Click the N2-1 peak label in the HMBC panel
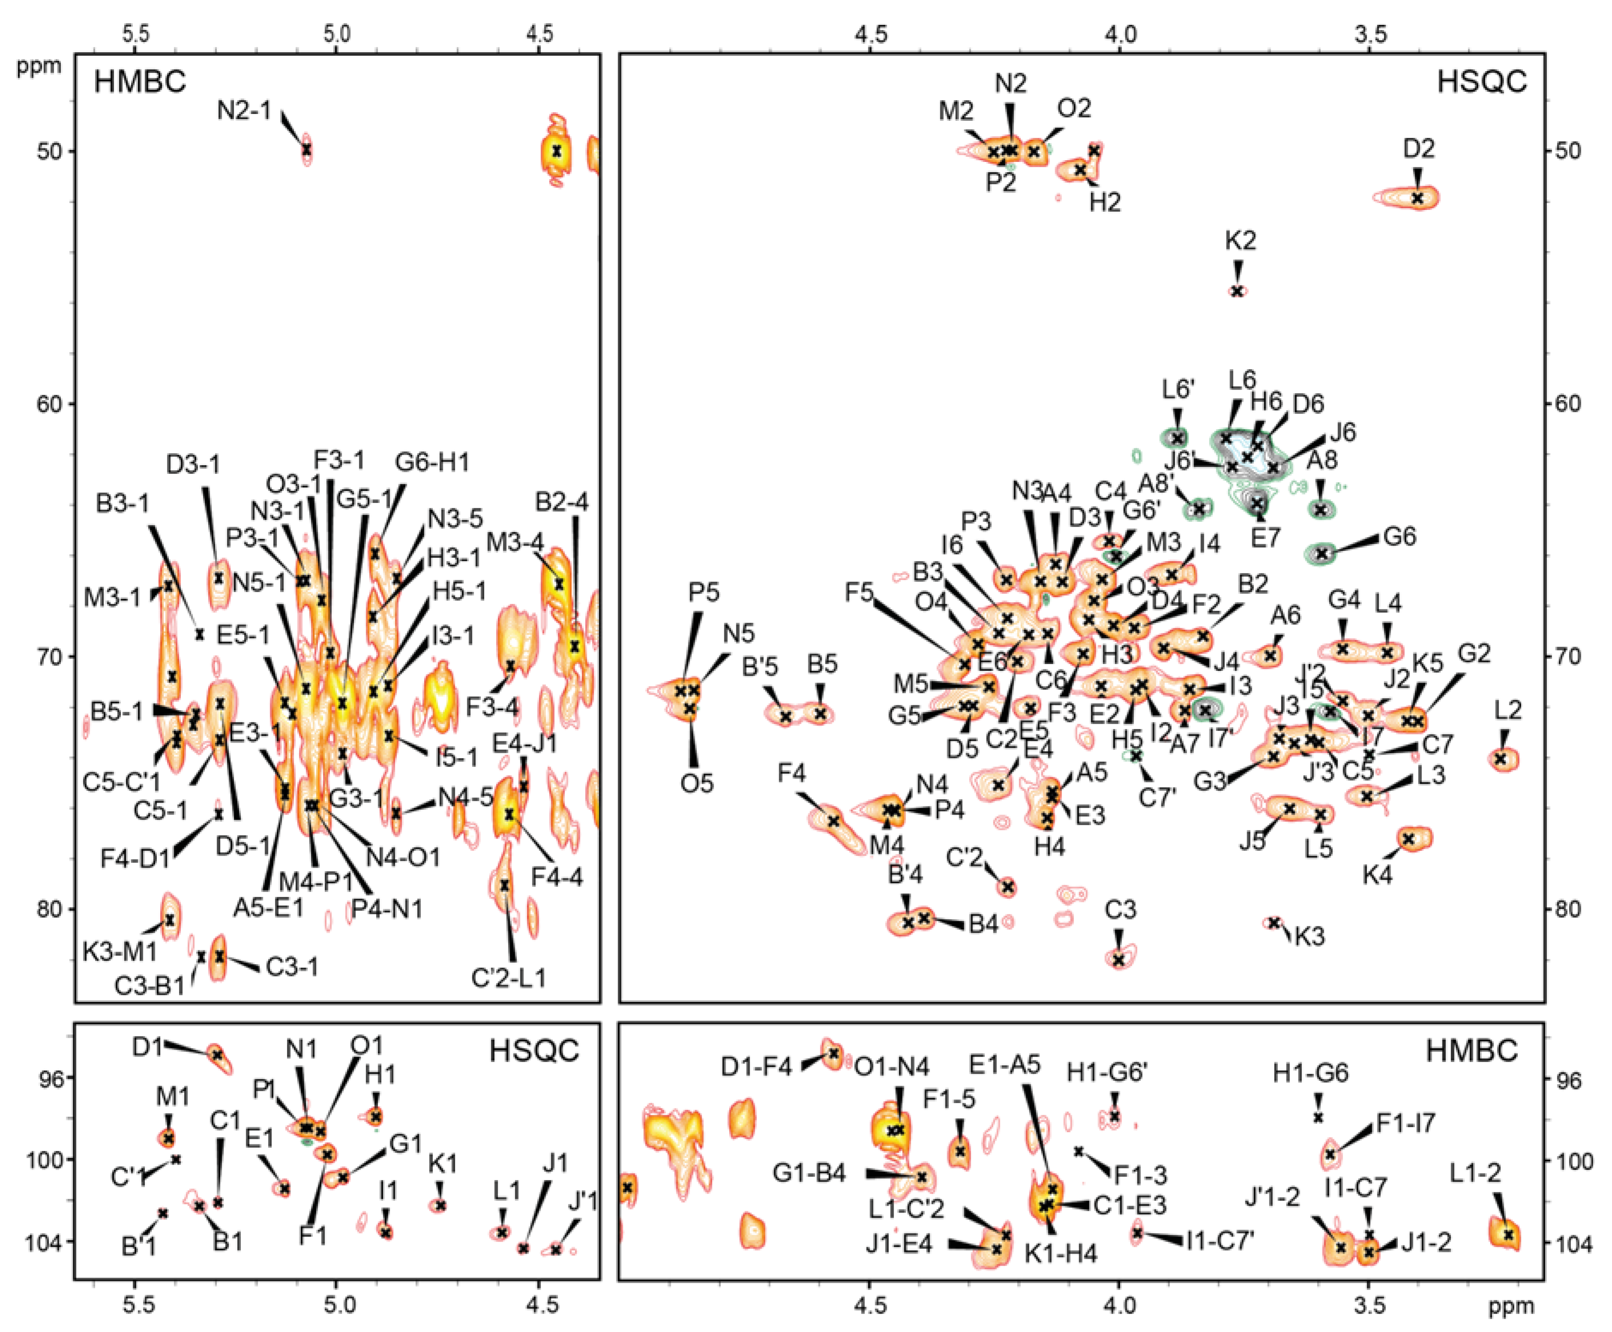coord(244,111)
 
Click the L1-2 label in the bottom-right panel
coord(1475,1173)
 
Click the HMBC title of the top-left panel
coord(140,81)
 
